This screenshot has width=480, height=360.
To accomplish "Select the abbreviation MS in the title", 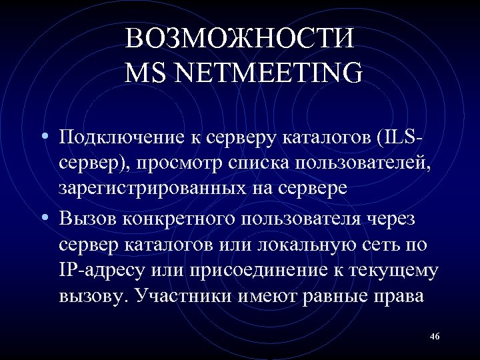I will [145, 72].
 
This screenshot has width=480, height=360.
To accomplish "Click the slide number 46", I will [435, 335].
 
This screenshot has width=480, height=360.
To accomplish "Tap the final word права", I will [400, 295].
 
